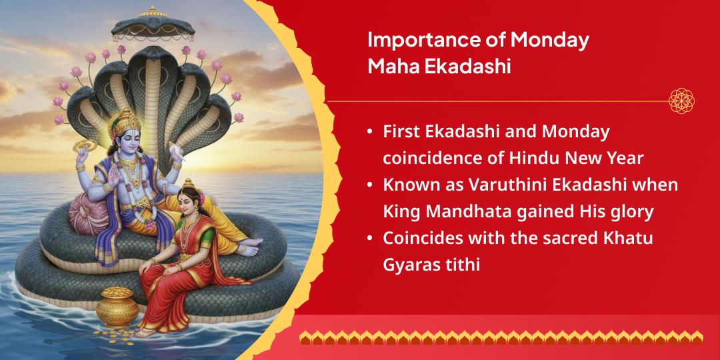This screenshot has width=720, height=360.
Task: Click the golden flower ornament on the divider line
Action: [681, 101]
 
